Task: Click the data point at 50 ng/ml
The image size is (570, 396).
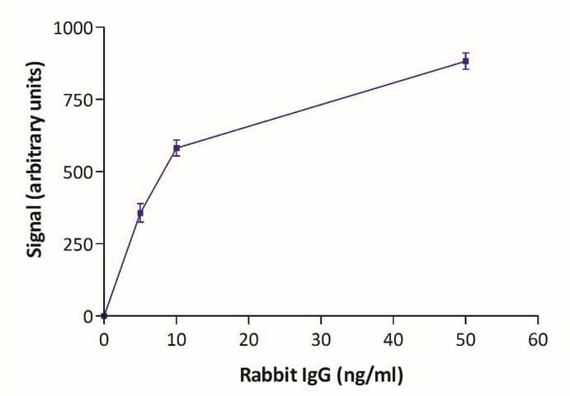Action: point(465,61)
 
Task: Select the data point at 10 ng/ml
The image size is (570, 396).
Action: point(177,148)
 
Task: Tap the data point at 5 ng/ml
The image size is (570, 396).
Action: point(140,213)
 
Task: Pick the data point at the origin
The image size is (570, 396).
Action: point(104,316)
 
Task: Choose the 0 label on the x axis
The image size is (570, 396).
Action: point(104,337)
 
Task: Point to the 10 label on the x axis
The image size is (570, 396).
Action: point(176,337)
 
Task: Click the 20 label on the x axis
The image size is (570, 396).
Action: point(248,337)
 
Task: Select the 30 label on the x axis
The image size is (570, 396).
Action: point(321,337)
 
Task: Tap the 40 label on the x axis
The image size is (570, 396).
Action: point(393,337)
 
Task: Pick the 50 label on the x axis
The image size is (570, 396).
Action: point(465,337)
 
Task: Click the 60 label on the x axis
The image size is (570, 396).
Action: point(538,337)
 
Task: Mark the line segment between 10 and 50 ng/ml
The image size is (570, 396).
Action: point(321,105)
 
